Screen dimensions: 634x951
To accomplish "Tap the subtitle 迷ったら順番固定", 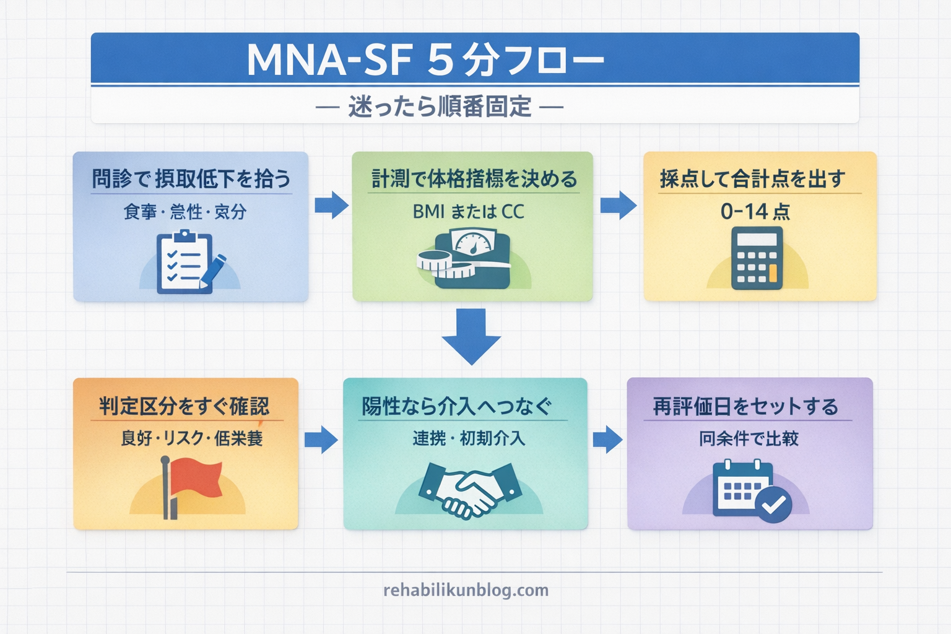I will [x=440, y=107].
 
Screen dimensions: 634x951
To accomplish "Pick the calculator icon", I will [x=757, y=258].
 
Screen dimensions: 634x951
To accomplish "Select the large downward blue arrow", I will [x=471, y=336].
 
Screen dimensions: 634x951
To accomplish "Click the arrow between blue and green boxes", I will [x=331, y=205].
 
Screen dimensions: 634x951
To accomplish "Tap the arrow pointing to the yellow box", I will [x=618, y=205].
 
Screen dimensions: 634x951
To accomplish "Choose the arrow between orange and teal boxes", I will [x=321, y=440].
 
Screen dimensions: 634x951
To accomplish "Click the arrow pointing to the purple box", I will [x=607, y=440].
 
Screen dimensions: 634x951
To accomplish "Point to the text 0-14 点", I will [x=755, y=212].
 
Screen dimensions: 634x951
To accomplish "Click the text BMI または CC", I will [x=468, y=212].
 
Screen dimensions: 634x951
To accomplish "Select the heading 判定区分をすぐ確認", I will [x=185, y=406].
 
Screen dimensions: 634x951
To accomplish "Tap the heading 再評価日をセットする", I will [x=745, y=406].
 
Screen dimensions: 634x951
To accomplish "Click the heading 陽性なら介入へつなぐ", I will [x=456, y=406].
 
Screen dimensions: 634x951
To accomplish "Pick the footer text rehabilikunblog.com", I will [x=466, y=590].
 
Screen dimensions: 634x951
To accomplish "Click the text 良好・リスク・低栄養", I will [x=191, y=438].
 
